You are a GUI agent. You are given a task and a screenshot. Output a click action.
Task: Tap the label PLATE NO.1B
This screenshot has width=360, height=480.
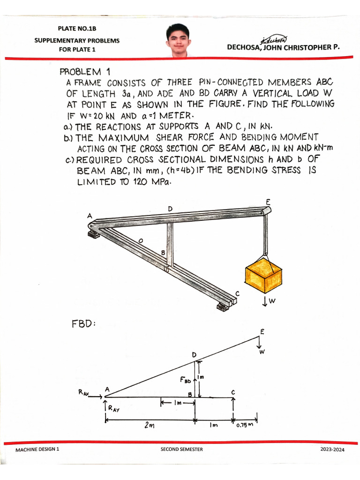(x=77, y=29)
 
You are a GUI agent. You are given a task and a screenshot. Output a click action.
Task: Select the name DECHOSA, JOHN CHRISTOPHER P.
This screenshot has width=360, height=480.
(x=283, y=47)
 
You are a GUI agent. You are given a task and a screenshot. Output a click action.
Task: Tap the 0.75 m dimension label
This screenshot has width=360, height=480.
(x=244, y=426)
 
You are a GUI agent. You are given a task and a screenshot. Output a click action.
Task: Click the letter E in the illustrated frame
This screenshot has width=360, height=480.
(x=268, y=202)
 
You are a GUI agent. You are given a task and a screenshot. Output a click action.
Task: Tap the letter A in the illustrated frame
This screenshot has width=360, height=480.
(x=89, y=216)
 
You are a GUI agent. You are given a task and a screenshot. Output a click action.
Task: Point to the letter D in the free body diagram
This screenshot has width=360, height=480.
(x=194, y=355)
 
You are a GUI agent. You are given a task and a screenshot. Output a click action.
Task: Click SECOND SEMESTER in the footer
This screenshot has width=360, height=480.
(x=181, y=449)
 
